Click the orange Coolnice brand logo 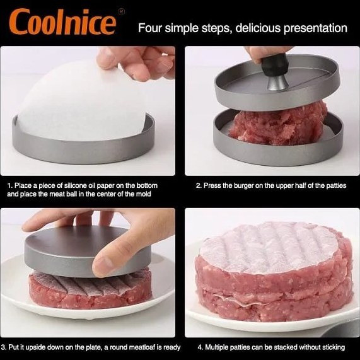62,21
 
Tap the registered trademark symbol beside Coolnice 121,11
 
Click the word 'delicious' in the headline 258,28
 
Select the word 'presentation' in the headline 315,28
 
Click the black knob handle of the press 274,65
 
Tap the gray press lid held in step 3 88,251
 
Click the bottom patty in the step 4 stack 274,305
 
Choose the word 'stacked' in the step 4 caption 283,347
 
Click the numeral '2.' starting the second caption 199,185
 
